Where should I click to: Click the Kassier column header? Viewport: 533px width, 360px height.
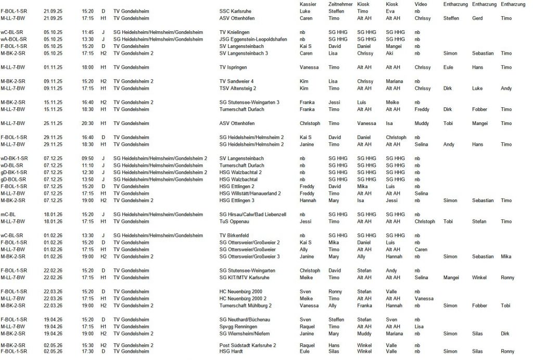(x=308, y=4)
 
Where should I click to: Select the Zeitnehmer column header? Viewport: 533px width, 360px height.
(x=341, y=4)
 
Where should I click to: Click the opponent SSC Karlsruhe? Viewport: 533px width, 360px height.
(x=237, y=10)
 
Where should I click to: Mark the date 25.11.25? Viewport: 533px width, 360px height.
(x=53, y=123)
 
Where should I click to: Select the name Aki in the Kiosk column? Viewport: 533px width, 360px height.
(x=390, y=53)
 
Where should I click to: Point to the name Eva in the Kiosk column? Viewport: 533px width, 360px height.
(x=390, y=10)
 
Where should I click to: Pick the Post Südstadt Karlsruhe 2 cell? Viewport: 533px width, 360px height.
(x=247, y=345)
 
